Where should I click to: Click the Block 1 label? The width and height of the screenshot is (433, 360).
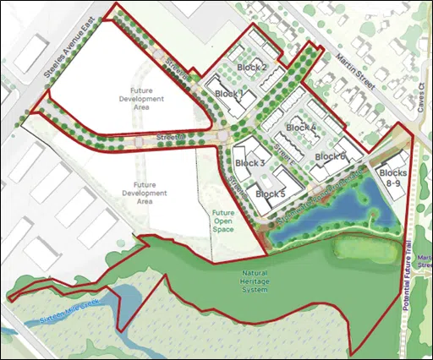pos(229,94)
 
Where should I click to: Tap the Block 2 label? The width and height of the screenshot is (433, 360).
pos(251,68)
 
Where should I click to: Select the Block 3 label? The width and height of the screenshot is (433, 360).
pos(249,163)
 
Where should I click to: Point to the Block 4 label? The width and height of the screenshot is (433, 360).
pos(301,128)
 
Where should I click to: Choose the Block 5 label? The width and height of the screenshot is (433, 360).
pos(270,194)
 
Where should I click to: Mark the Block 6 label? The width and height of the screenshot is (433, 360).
pos(331,157)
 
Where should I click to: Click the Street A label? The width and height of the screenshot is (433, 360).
pos(169,137)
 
